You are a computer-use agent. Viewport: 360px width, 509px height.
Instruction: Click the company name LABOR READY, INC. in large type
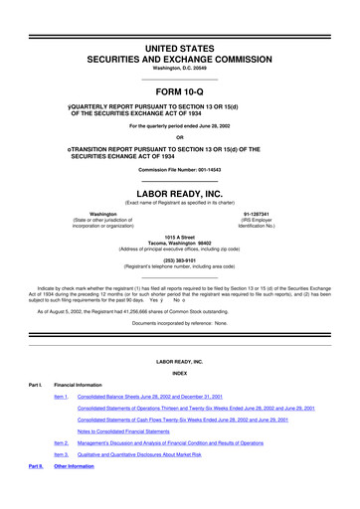180,195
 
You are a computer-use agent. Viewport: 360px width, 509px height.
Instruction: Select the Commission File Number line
180,171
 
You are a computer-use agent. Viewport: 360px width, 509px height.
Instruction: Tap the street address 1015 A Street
180,235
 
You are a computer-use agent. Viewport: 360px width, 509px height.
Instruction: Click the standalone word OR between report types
180,137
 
